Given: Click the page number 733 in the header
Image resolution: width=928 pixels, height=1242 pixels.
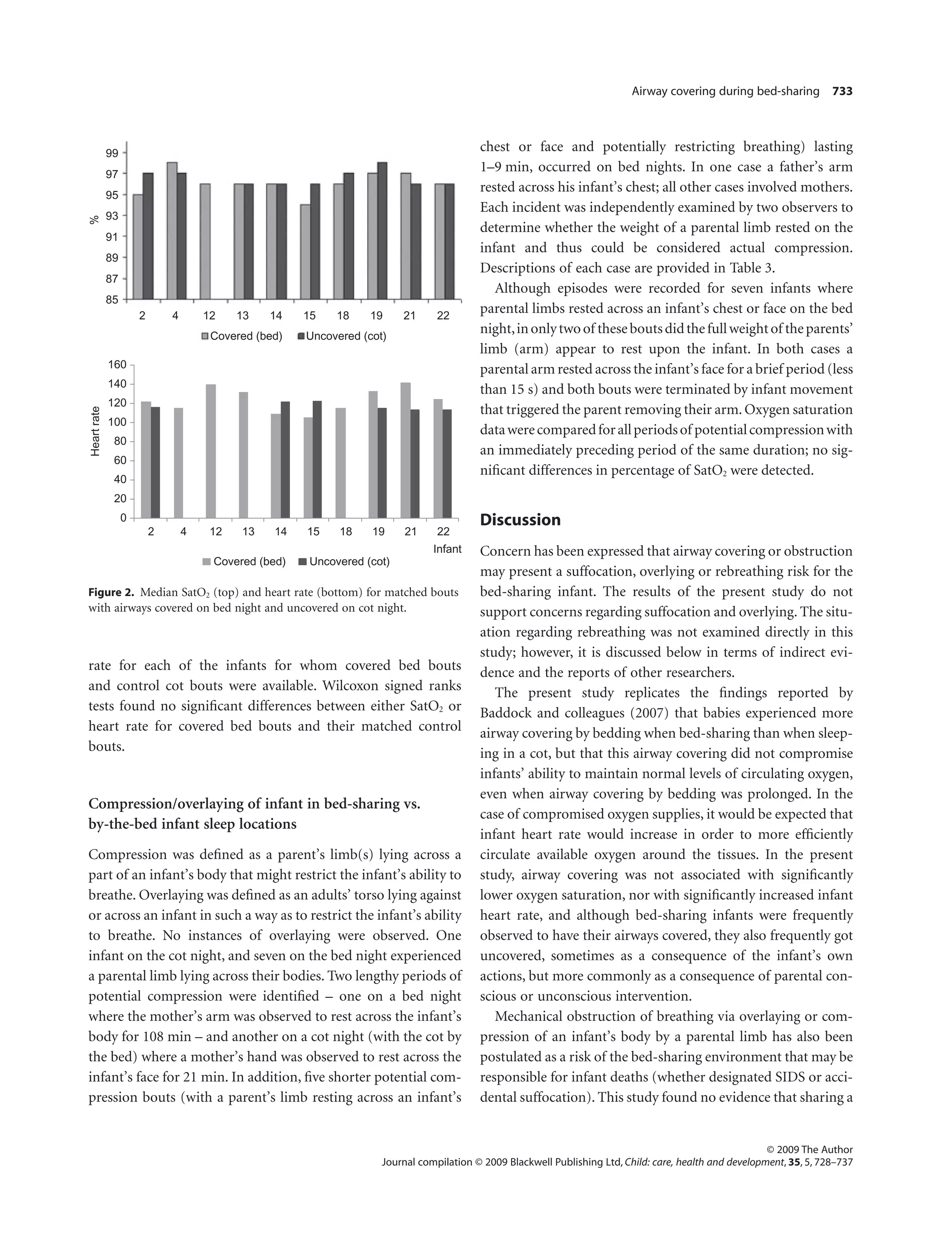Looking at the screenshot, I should coord(842,92).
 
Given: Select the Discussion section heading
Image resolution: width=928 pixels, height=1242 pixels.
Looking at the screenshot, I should coord(520,519).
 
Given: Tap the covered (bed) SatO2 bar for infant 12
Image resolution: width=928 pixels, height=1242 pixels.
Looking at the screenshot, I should coord(205,242).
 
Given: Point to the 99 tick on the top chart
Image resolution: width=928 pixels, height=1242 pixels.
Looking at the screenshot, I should coord(112,153).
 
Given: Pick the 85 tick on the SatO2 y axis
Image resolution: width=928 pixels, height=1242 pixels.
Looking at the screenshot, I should coord(112,300).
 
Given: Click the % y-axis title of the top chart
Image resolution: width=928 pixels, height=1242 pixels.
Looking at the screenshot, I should coord(94,219).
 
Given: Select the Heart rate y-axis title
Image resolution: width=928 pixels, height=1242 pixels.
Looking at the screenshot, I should coord(96,431).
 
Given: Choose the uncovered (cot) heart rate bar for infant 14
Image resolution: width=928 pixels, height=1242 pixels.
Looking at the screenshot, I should coord(285,459).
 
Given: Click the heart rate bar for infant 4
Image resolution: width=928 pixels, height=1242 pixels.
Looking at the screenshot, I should coord(178,463).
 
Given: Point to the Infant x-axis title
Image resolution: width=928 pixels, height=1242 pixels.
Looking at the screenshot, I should coord(447,548).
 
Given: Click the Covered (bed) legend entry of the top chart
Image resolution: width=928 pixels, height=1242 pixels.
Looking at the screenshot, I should coord(242,336).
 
